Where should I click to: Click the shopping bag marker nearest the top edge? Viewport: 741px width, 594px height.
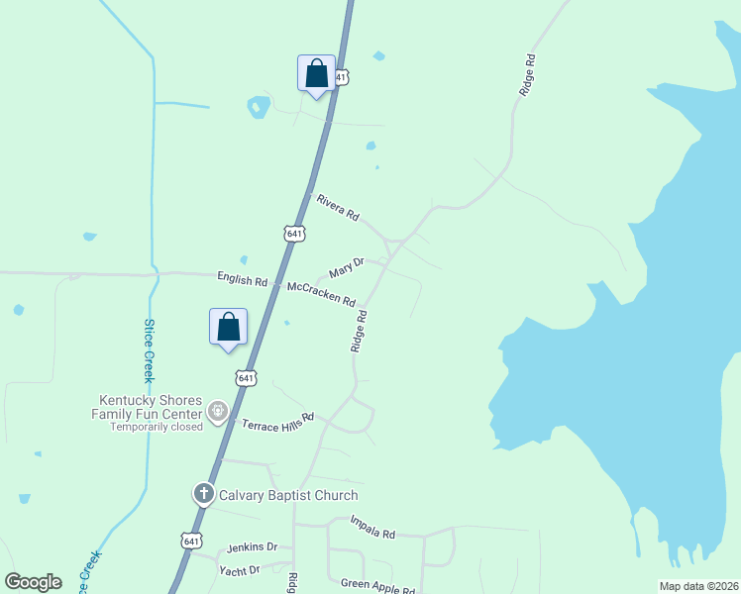click(x=316, y=73)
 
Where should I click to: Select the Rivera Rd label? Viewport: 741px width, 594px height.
click(x=338, y=207)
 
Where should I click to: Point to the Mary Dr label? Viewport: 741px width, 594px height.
click(x=347, y=268)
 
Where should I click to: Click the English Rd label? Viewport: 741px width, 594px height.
click(x=242, y=278)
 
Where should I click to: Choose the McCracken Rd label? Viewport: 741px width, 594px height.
click(x=320, y=293)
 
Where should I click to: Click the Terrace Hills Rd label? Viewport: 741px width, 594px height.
click(x=277, y=420)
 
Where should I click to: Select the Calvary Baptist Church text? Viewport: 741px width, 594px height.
click(x=288, y=495)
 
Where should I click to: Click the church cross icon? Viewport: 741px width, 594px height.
click(x=204, y=493)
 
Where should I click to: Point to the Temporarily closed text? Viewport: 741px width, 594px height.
click(x=157, y=427)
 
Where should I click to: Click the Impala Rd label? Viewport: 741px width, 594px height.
click(x=372, y=527)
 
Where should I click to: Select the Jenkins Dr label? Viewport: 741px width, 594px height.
click(x=252, y=546)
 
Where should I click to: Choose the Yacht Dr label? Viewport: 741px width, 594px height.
click(x=240, y=569)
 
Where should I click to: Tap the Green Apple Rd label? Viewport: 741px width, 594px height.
click(x=377, y=586)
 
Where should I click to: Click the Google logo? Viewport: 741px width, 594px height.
click(x=33, y=582)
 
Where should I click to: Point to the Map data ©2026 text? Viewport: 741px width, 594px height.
click(x=698, y=586)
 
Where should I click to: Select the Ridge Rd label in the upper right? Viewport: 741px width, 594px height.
click(x=528, y=75)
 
